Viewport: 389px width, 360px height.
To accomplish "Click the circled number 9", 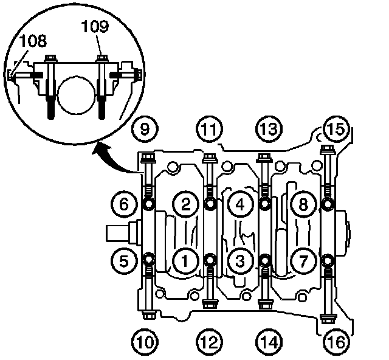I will point(145,128).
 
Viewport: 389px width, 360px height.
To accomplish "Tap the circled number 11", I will point(208,128).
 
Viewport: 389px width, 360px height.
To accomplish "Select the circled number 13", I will point(269,128).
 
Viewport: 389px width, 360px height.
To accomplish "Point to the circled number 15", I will point(334,128).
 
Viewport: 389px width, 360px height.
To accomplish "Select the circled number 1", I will point(184,260).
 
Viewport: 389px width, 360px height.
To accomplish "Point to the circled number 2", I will point(184,204).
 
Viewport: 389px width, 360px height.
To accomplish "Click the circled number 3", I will point(240,260).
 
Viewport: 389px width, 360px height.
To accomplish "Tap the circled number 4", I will point(240,204).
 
